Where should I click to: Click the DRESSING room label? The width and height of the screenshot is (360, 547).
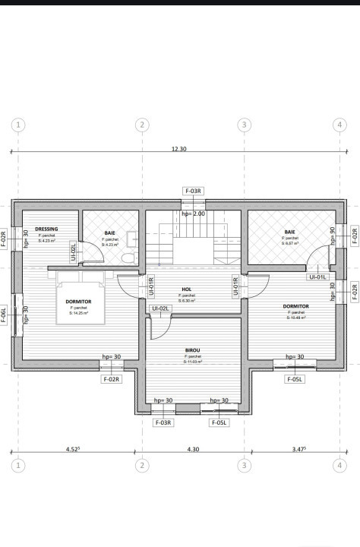click(46, 229)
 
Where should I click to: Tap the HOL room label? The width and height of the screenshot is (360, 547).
click(187, 289)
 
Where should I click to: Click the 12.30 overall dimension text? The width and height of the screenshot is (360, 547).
click(178, 150)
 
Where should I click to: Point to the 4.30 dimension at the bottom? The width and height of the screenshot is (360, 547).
click(193, 450)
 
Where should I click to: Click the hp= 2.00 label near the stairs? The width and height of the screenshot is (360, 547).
click(193, 214)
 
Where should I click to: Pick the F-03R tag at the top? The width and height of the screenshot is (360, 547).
click(193, 191)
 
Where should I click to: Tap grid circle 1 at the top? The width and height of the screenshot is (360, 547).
click(18, 124)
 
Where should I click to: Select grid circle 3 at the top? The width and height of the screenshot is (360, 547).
click(244, 124)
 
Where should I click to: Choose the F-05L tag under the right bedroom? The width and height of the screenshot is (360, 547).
click(295, 379)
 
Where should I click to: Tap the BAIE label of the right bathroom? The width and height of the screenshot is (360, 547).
click(290, 232)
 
